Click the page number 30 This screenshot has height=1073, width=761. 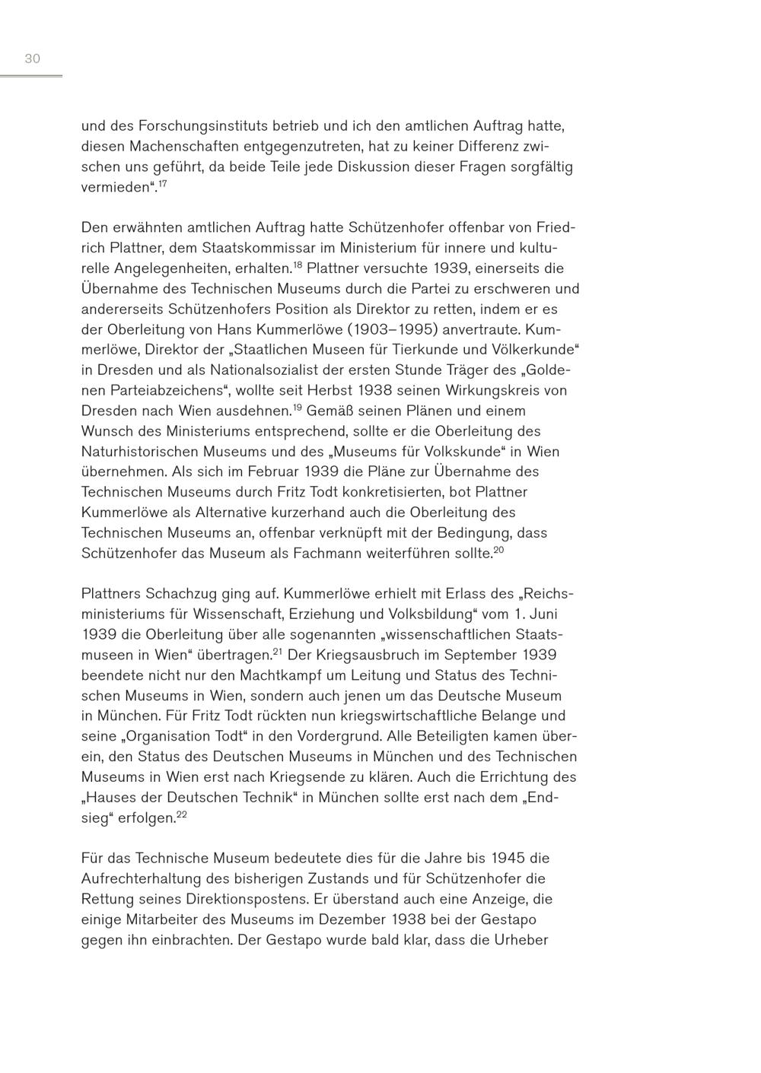coord(32,59)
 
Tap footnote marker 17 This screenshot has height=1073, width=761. coord(162,183)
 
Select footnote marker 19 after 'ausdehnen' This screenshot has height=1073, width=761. coord(298,408)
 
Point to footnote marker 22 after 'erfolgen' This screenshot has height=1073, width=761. coord(181,814)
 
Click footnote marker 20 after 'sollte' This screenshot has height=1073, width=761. coord(498,550)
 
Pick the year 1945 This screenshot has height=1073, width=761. coord(508,859)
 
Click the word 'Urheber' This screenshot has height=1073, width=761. coord(521,940)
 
